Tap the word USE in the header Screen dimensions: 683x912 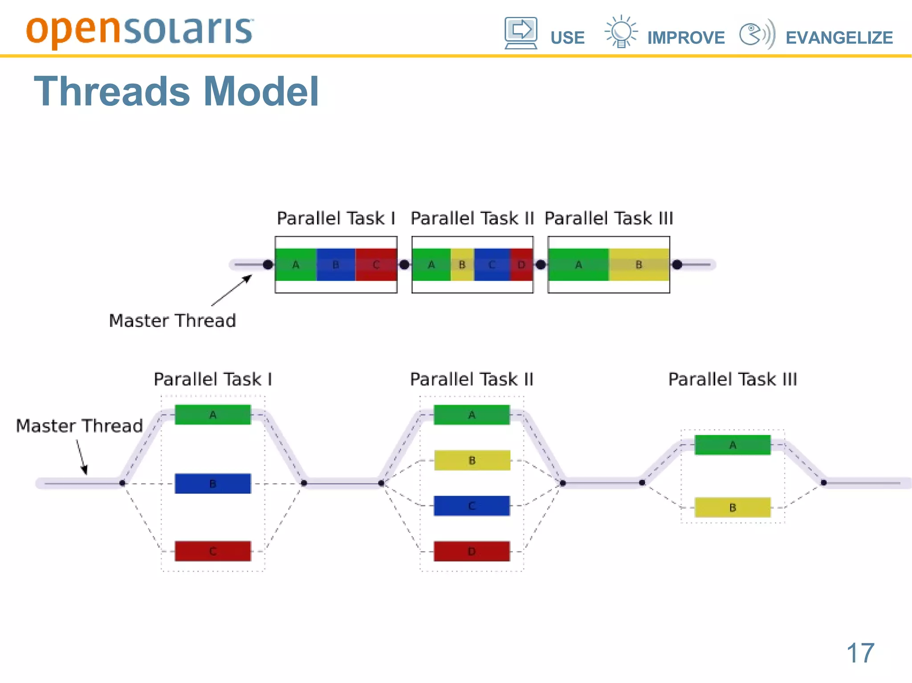click(x=567, y=38)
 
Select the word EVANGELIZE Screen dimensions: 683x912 click(x=839, y=38)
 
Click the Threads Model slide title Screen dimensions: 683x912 click(x=176, y=91)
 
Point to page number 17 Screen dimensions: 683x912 click(x=860, y=653)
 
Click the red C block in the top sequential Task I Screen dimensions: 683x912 click(x=376, y=265)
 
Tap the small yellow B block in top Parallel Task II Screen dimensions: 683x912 click(x=462, y=265)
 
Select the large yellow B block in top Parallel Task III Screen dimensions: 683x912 click(x=639, y=265)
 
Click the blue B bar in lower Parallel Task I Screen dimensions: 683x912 click(x=213, y=484)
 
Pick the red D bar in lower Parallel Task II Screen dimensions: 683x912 click(x=472, y=551)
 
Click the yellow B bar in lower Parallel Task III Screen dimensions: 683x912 click(x=733, y=507)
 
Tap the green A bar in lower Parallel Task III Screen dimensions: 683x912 click(x=733, y=445)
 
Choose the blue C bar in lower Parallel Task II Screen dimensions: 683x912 click(x=472, y=506)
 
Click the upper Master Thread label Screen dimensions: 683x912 click(x=172, y=320)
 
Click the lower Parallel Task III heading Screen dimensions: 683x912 click(x=733, y=380)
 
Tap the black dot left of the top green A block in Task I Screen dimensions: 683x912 click(x=268, y=265)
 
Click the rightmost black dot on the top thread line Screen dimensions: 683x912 click(x=677, y=265)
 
